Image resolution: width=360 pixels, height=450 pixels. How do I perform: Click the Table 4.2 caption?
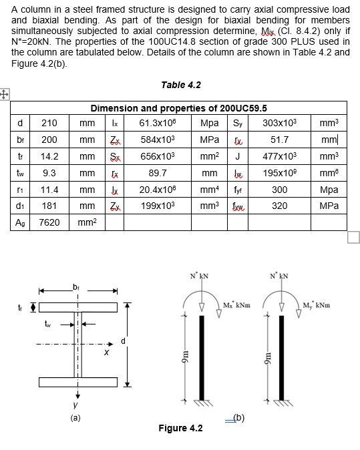point(180,85)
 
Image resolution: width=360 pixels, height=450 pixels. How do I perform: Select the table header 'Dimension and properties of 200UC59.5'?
point(178,108)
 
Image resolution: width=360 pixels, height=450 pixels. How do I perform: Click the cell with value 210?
point(49,123)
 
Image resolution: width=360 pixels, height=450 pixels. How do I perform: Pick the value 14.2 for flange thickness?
point(49,156)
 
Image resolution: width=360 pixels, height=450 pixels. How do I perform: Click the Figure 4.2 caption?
point(180,428)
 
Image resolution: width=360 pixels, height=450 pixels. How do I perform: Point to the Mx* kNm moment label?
point(236,306)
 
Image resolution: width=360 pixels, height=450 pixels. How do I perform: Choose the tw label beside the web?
point(47,325)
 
